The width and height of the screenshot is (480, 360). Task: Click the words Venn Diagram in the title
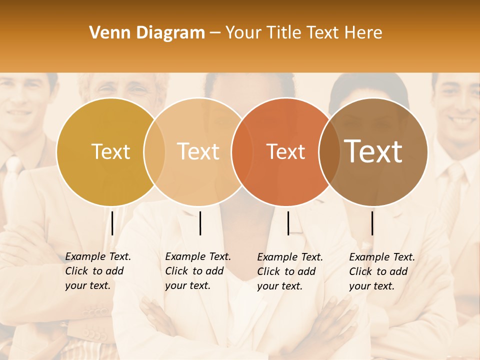click(147, 33)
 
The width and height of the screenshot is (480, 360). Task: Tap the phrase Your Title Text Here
click(303, 33)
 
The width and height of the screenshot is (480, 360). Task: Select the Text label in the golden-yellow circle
click(110, 152)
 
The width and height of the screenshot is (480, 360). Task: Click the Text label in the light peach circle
click(198, 151)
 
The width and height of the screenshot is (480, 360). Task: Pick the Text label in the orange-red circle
click(285, 152)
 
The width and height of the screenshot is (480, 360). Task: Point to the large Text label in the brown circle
click(373, 151)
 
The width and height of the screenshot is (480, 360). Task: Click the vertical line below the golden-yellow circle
click(112, 223)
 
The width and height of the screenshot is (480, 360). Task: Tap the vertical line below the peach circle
click(200, 223)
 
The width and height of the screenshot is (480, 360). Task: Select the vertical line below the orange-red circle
click(288, 223)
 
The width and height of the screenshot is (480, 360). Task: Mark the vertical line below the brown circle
click(372, 223)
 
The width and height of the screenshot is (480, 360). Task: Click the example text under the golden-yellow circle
click(98, 271)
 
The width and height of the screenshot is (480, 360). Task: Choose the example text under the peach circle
click(198, 271)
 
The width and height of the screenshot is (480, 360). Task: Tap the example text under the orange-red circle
click(290, 271)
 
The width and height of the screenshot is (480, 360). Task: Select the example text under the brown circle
click(382, 271)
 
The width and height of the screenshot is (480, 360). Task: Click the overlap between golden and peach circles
click(154, 152)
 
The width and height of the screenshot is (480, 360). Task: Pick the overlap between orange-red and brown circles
click(329, 152)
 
